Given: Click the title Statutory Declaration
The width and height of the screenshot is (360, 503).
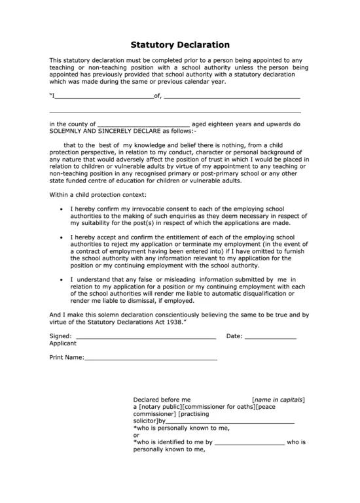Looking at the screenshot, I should coord(180,45).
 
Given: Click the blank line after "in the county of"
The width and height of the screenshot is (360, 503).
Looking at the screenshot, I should coord(143,125).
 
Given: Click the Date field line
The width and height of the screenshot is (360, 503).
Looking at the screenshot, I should coord(270,338).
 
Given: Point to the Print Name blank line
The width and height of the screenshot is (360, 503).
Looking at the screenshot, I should coord(151,359).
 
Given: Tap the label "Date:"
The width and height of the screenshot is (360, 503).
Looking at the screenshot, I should coord(234,336).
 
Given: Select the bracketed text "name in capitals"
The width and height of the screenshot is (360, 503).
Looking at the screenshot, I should coord(278,399).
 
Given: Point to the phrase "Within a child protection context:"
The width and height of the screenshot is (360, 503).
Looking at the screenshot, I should coord(98,195).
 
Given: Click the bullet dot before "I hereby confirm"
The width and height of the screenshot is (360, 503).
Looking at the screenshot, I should coord(61,209).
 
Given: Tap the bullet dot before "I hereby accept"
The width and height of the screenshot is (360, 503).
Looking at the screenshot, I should coord(61,235).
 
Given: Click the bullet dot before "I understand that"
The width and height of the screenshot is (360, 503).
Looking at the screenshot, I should coord(61,279).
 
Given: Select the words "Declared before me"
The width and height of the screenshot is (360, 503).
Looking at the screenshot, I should coord(162,399).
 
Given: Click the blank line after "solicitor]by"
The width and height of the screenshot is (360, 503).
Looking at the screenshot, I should coord(230,423).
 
